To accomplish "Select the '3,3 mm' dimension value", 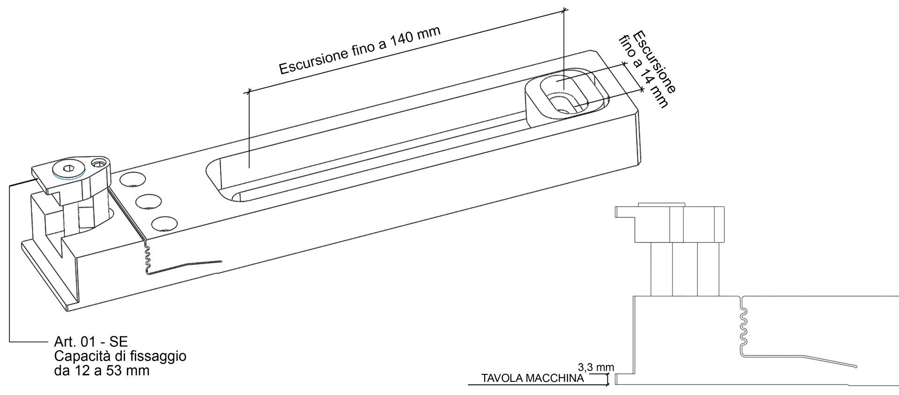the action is [596, 367].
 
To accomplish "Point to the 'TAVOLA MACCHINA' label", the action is [532, 379].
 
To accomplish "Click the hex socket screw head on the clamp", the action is [66, 169].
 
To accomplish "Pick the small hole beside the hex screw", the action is [98, 164].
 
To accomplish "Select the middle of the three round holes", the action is [147, 202].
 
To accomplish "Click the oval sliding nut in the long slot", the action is [566, 96].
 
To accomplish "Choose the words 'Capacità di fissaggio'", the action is [120, 356].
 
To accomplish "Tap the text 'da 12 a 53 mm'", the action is [102, 371].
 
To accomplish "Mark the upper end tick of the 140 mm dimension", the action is [565, 9].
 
